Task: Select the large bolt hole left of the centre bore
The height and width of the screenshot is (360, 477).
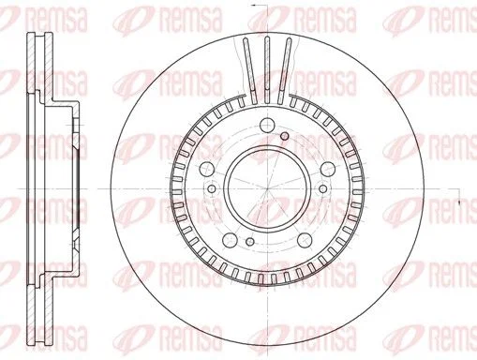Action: pos(207,170)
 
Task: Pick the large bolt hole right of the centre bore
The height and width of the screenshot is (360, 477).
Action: pos(328,170)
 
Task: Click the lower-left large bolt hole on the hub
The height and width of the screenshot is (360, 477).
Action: pos(231,240)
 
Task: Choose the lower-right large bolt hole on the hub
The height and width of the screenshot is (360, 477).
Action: pos(305,240)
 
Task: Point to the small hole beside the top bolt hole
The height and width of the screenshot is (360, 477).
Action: pos(284,136)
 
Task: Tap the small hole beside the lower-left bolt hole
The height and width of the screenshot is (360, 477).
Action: pos(249,241)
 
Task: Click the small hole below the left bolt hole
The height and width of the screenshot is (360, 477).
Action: pos(212,188)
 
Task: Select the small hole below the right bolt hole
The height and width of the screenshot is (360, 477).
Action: pos(323,188)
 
